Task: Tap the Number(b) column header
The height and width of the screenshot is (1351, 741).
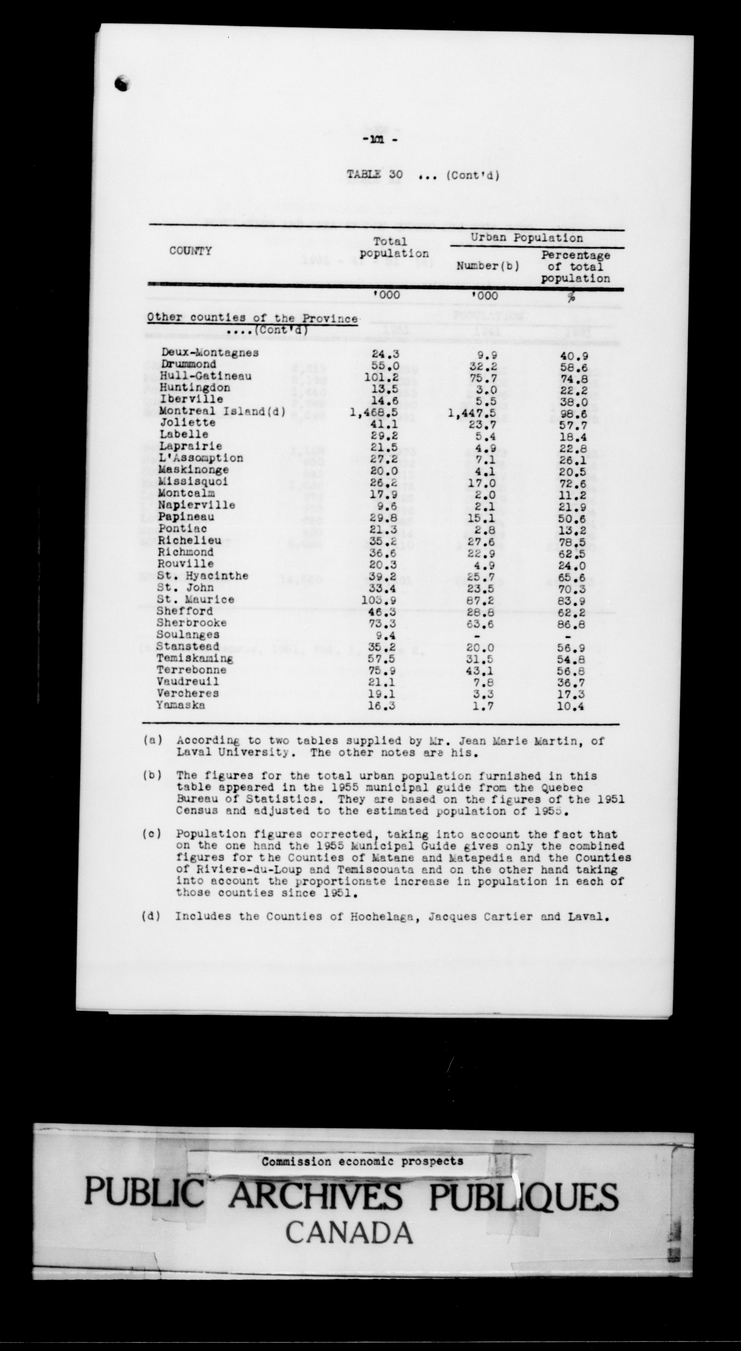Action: (487, 266)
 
